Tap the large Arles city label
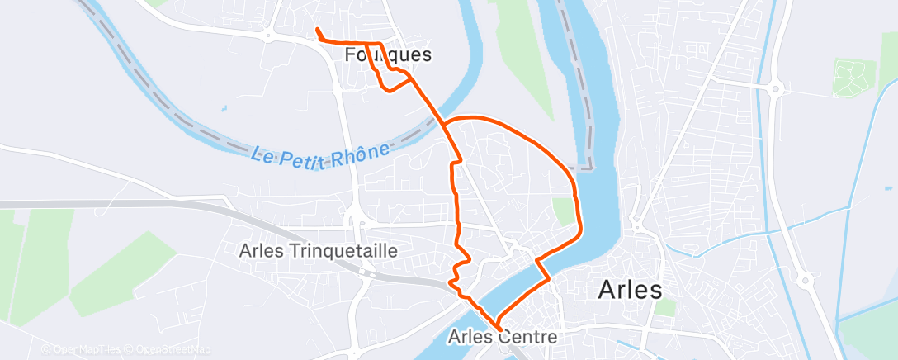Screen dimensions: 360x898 point(630,290)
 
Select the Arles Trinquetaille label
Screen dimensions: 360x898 point(319,250)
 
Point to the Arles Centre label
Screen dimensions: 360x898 point(503,337)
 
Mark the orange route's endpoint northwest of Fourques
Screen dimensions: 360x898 point(318,31)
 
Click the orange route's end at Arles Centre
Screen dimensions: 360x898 point(499,328)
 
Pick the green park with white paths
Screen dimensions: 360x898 point(853,78)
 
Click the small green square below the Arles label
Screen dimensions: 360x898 point(664,308)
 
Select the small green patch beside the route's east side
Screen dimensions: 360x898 point(563,212)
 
